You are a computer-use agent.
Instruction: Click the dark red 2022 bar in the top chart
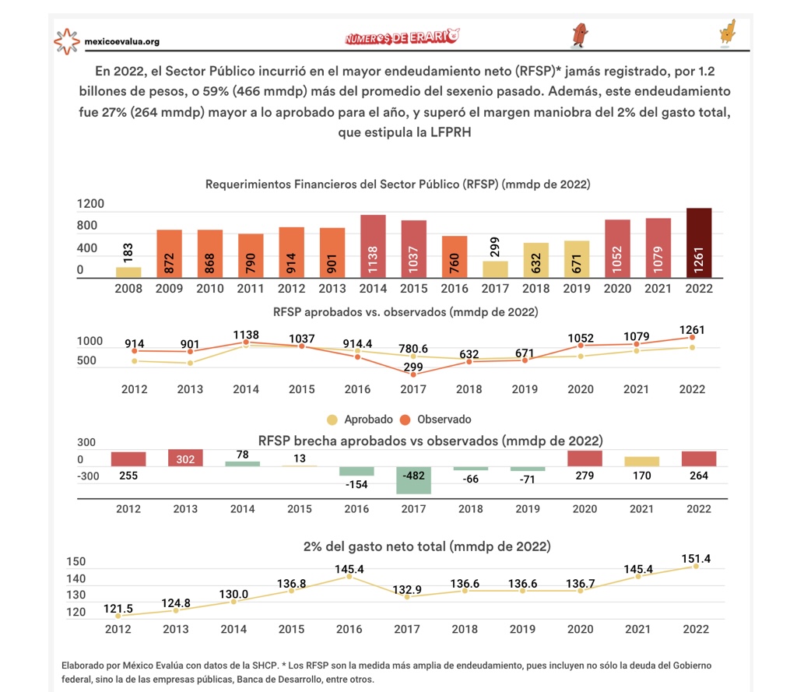[699, 242]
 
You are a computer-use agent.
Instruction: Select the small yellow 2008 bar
[128, 272]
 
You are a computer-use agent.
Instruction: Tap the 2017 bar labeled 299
[495, 269]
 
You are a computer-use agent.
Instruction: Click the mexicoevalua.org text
[122, 41]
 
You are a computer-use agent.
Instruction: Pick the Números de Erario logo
[402, 37]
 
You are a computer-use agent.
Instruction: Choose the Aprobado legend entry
[360, 420]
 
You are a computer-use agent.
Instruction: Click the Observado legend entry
[435, 420]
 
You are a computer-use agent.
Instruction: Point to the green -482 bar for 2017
[413, 480]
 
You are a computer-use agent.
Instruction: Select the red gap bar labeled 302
[185, 458]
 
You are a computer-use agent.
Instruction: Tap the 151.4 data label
[696, 558]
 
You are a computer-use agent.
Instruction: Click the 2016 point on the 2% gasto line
[349, 577]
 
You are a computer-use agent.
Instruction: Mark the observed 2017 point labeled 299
[413, 374]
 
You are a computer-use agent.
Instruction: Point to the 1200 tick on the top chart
[90, 204]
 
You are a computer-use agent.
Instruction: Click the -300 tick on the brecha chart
[88, 476]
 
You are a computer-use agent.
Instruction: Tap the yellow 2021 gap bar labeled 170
[642, 462]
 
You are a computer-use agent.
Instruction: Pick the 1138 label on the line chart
[246, 335]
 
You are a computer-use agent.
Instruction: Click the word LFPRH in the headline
[451, 132]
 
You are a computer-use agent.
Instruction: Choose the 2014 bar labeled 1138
[373, 247]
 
